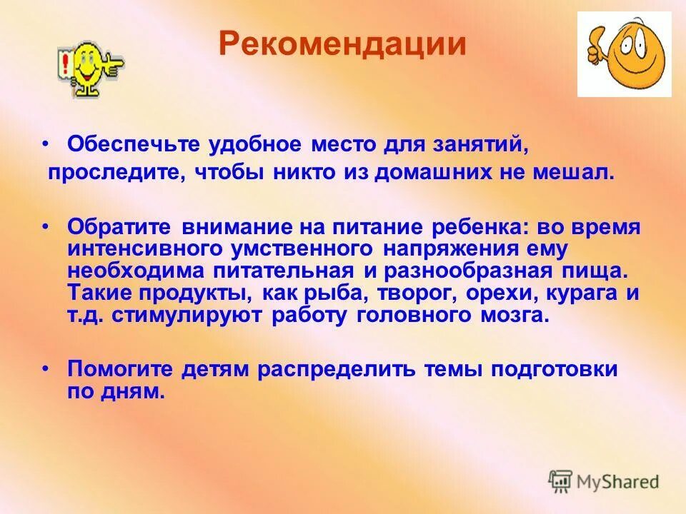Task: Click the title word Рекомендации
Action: [x=342, y=44]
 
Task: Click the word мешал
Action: [x=580, y=173]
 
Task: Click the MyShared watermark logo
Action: [x=604, y=480]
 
